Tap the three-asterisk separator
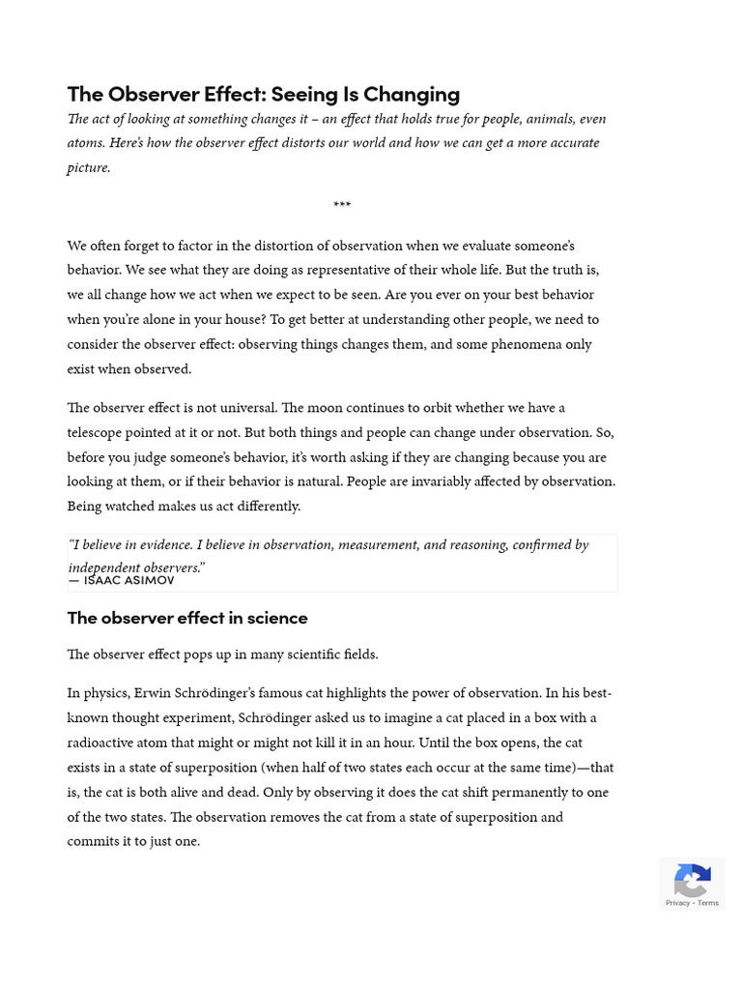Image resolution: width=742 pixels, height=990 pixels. (x=342, y=206)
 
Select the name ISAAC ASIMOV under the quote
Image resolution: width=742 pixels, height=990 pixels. (x=128, y=580)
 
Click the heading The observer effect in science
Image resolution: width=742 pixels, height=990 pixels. (x=187, y=617)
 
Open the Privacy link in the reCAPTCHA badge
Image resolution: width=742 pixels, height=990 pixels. (x=677, y=903)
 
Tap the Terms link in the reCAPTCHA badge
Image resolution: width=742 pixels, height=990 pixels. (x=708, y=903)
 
